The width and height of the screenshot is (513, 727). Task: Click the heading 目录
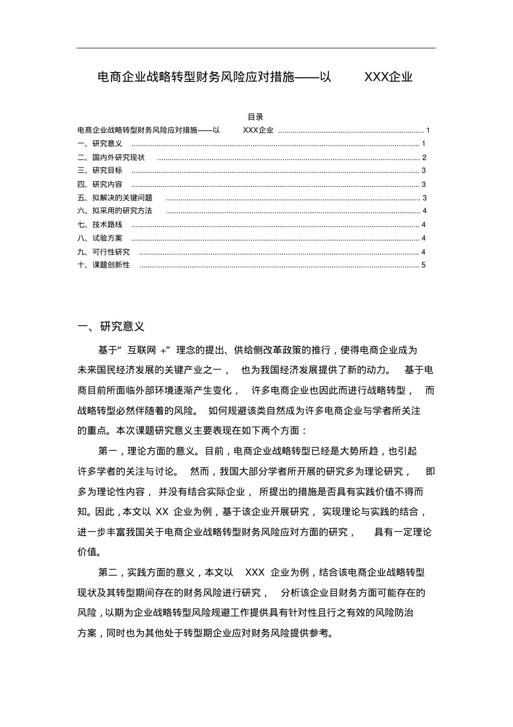click(255, 117)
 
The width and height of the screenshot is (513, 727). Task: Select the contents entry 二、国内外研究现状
click(111, 157)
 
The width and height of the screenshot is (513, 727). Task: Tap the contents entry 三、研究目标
click(100, 171)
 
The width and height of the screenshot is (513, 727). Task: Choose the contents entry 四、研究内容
click(100, 184)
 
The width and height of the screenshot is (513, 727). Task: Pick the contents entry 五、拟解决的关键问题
click(115, 198)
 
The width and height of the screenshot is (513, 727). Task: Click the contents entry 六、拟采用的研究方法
click(115, 211)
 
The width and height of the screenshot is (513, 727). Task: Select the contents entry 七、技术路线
click(100, 224)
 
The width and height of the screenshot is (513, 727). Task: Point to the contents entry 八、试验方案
click(100, 238)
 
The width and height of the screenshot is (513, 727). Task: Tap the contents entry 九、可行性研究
click(104, 252)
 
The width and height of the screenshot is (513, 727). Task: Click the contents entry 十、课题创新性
click(104, 265)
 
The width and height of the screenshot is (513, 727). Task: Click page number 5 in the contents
click(424, 265)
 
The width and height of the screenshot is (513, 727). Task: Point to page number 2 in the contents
click(424, 157)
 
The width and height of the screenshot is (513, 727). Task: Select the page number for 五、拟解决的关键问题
click(424, 198)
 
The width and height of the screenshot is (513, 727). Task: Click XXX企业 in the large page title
click(388, 77)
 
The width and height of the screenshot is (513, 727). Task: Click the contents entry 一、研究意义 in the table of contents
click(100, 144)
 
